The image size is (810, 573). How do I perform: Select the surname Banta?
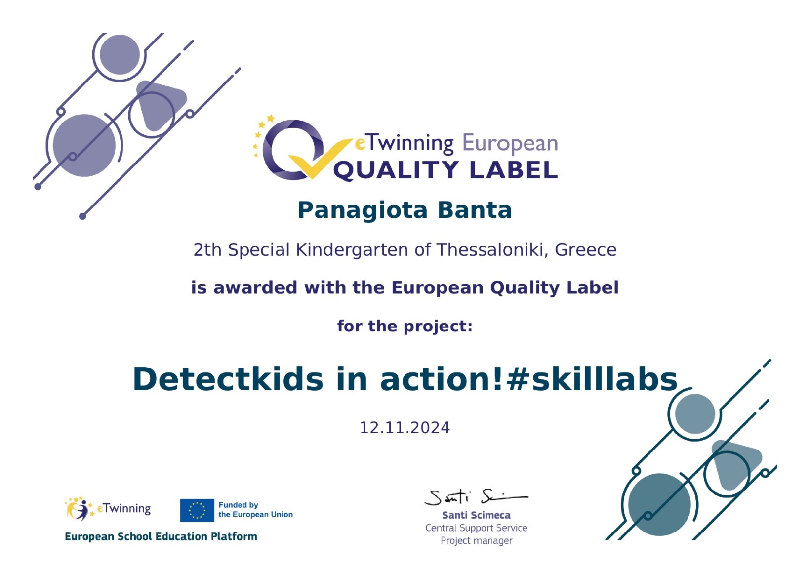coord(475,210)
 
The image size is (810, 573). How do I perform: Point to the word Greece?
coord(586,249)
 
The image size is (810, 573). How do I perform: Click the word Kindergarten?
coord(352,250)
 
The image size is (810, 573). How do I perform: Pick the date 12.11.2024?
coord(405,428)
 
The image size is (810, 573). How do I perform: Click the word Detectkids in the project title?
coord(228,379)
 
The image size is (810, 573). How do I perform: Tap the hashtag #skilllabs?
coord(592,379)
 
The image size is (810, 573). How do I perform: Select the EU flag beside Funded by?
coord(197,510)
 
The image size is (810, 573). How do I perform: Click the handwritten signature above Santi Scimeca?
coord(476,497)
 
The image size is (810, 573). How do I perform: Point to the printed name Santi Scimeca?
coord(476,515)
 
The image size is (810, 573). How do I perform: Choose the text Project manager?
coord(476,541)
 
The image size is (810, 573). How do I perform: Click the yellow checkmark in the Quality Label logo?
coord(320,159)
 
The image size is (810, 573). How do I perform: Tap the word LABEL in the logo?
coord(514,170)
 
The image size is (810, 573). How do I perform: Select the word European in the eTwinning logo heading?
coord(510,144)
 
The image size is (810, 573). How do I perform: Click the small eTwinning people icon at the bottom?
coord(80,508)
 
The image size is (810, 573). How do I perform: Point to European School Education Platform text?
coord(161,536)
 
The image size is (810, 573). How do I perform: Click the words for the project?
coord(405,326)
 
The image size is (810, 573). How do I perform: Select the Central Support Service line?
coord(476,528)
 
